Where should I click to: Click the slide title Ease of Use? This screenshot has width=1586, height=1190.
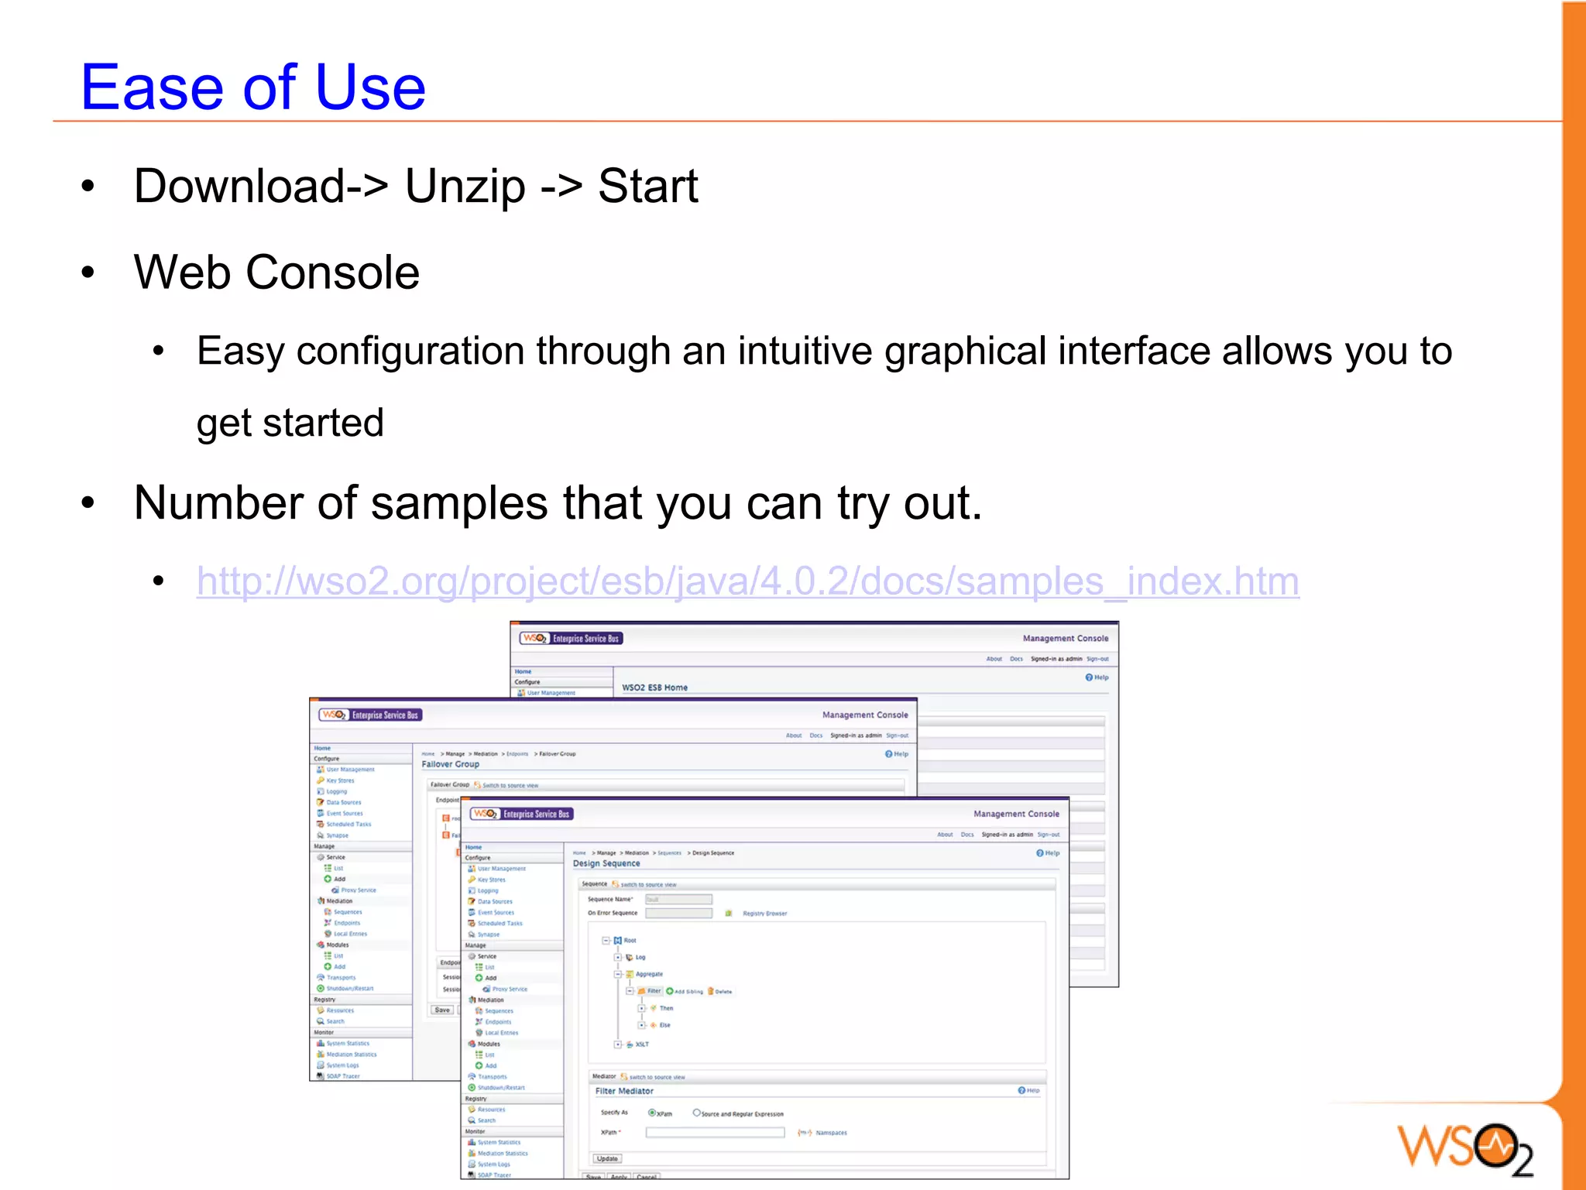click(253, 87)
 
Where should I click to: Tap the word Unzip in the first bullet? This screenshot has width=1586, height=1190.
click(465, 187)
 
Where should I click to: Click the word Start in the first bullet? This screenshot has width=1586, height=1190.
click(647, 187)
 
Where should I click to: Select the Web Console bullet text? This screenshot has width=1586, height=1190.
click(276, 273)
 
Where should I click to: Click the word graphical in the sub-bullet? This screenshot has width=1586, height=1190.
click(965, 352)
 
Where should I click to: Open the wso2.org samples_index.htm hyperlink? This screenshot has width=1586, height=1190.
click(747, 581)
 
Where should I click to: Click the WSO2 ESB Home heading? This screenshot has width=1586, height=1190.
click(654, 688)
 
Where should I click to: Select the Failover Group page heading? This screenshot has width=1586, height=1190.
click(450, 764)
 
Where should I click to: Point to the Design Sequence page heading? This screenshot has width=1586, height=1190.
click(606, 863)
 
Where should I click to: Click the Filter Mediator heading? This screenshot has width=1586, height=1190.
click(624, 1091)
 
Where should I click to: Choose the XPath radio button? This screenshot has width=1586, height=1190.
click(652, 1113)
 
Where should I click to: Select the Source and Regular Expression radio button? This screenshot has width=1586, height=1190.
click(696, 1113)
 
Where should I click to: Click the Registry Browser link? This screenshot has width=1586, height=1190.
click(764, 914)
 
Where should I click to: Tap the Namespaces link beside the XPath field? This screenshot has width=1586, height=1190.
click(831, 1133)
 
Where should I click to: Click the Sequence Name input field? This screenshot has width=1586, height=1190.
click(678, 899)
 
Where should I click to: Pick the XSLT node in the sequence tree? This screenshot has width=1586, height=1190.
click(642, 1044)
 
